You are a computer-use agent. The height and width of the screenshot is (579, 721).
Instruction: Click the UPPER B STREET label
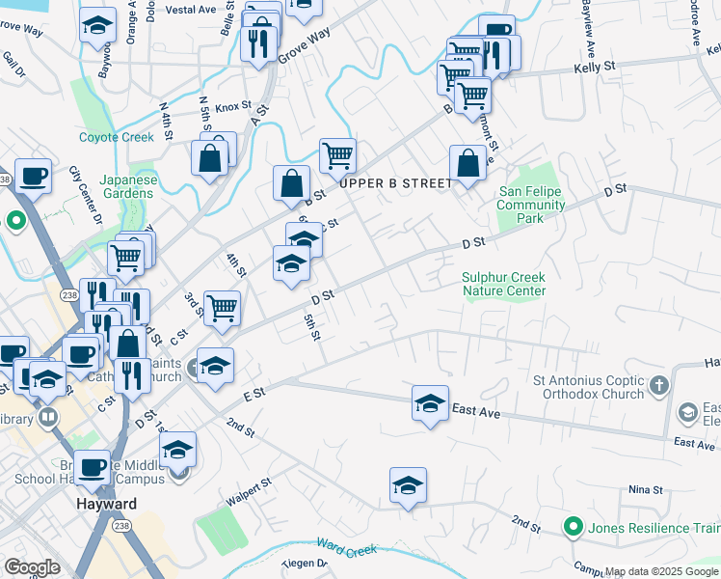pos(395,182)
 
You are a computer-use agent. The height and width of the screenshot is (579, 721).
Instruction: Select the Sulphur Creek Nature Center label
pos(503,284)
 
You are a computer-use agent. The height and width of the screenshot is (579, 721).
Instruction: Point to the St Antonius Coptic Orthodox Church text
pos(589,387)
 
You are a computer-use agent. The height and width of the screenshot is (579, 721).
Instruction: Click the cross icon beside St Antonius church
pos(659,386)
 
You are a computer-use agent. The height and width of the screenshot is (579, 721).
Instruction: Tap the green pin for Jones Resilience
pos(573,527)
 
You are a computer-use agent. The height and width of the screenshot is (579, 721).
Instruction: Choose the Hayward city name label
pos(106,504)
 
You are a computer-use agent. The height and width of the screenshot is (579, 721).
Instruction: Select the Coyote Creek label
pos(117,137)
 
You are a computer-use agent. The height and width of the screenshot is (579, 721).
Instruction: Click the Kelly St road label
pos(595,67)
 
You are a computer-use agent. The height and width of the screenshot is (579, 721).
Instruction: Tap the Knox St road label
pos(233,107)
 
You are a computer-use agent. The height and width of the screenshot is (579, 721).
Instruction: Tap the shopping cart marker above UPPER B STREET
pos(337,154)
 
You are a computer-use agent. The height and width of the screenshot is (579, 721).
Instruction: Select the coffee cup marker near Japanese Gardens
pos(34,176)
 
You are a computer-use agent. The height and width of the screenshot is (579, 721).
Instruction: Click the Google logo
pos(32,566)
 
